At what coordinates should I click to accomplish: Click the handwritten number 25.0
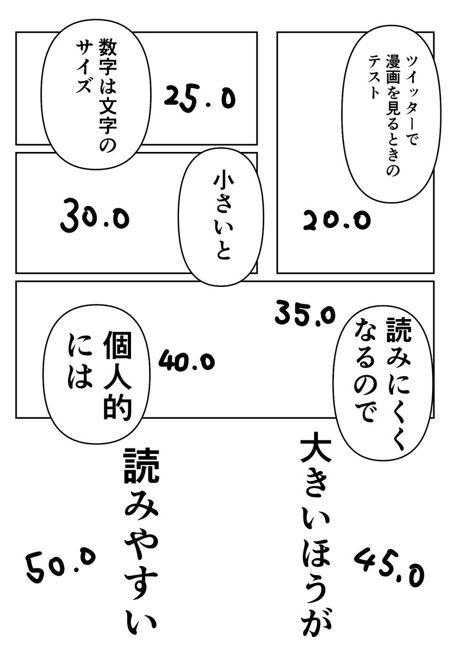(x=199, y=99)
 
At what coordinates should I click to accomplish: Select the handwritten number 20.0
(x=336, y=220)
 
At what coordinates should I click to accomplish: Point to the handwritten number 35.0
(x=304, y=314)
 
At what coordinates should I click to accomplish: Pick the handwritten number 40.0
(x=186, y=360)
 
